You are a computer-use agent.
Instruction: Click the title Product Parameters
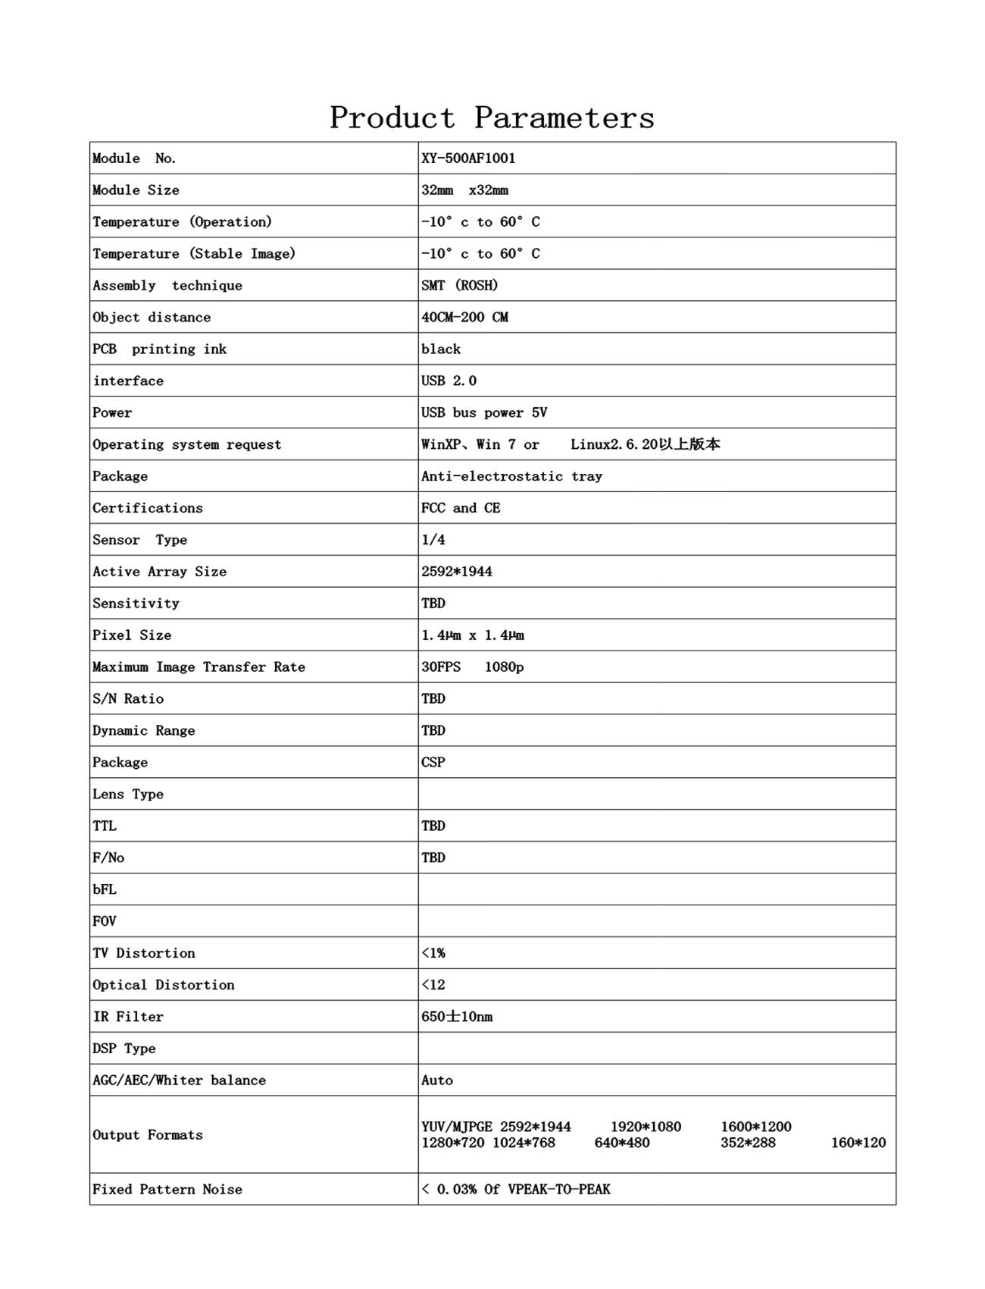492,118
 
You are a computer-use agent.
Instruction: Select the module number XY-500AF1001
468,158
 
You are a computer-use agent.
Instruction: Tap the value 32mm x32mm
464,190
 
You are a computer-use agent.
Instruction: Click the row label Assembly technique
167,286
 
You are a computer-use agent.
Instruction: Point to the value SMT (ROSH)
459,286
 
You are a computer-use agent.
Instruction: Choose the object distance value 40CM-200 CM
464,318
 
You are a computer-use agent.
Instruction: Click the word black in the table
441,350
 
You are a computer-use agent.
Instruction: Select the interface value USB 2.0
449,381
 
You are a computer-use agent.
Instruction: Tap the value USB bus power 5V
484,413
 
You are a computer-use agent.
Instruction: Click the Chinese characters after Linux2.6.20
689,444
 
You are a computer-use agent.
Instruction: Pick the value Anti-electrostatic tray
511,477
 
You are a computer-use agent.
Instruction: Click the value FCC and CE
461,509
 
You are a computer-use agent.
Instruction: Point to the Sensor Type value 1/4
433,541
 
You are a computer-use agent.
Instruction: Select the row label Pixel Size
132,635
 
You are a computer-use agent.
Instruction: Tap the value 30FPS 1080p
472,667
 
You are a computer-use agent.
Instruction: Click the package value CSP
433,763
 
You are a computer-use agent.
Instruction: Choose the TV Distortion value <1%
433,954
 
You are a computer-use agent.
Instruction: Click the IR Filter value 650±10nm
457,1018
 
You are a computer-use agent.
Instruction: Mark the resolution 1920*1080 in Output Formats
646,1127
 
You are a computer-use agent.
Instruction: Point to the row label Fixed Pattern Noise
167,1190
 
